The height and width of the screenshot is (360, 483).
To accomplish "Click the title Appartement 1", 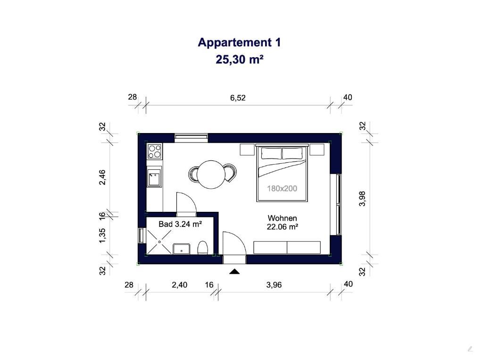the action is [x=239, y=42].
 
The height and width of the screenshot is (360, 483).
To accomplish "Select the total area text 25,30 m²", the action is [x=239, y=59].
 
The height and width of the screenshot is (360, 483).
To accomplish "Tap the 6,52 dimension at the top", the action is [x=238, y=98].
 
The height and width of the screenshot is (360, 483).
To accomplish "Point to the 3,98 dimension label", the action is [x=362, y=199].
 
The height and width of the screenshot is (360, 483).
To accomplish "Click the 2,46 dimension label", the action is [x=102, y=177].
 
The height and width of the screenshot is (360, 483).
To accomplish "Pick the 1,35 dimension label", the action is [x=102, y=235].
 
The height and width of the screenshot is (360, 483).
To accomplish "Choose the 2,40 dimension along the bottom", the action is [x=179, y=285].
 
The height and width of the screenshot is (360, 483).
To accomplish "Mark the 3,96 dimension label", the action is [x=274, y=285].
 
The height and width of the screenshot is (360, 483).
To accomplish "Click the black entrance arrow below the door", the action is [x=235, y=271].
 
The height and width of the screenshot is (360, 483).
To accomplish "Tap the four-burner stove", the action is [x=155, y=151].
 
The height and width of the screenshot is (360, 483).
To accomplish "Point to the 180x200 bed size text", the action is [x=282, y=188].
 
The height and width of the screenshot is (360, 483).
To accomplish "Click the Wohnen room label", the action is [x=282, y=218].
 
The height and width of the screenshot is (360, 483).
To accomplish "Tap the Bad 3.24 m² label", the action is [x=180, y=224].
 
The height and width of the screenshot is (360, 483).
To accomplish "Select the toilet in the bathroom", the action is [x=202, y=248].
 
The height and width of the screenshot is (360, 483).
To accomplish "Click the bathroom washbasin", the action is [x=182, y=249].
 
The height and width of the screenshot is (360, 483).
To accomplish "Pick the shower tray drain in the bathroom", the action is [x=159, y=242].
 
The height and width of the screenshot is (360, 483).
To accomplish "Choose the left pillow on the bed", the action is [x=271, y=153].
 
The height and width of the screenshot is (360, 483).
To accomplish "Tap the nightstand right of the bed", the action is [x=317, y=150].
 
